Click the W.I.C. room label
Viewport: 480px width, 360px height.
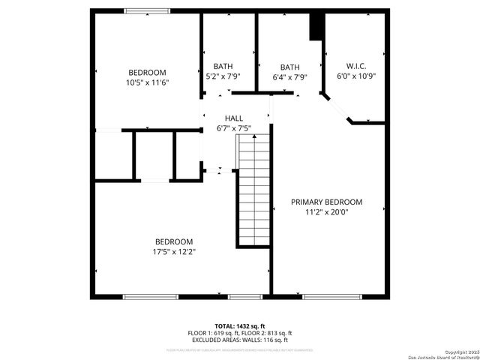355,66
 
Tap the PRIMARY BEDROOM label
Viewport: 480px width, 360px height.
326,202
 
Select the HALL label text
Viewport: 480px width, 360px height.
234,118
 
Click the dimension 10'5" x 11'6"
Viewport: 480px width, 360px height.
147,82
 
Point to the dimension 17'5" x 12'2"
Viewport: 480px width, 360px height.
174,251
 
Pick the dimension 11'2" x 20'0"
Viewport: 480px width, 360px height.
326,212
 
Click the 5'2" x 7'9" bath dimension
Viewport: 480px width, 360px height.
223,76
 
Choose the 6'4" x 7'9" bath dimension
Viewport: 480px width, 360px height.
289,76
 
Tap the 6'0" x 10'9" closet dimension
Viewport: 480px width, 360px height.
355,76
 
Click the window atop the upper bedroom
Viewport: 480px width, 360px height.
147,10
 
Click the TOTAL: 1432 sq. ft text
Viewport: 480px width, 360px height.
239,326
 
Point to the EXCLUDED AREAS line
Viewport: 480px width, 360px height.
239,340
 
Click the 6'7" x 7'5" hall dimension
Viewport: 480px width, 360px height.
234,128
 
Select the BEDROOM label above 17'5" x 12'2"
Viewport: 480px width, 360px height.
174,241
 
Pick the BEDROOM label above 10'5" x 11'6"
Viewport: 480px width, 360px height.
147,73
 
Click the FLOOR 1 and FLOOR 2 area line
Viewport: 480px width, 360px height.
239,333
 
